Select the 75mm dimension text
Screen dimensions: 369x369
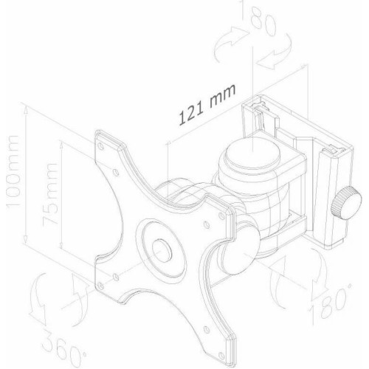point(49,193)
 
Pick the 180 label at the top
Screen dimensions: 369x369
point(261,18)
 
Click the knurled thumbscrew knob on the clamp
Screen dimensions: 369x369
point(346,203)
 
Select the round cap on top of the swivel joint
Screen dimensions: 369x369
point(252,154)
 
